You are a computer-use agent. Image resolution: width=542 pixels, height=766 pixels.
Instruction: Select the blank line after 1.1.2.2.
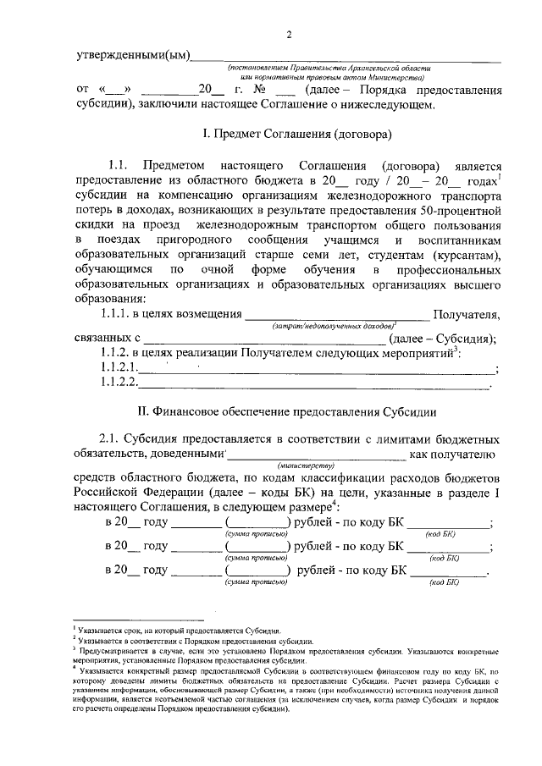(x=313, y=385)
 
